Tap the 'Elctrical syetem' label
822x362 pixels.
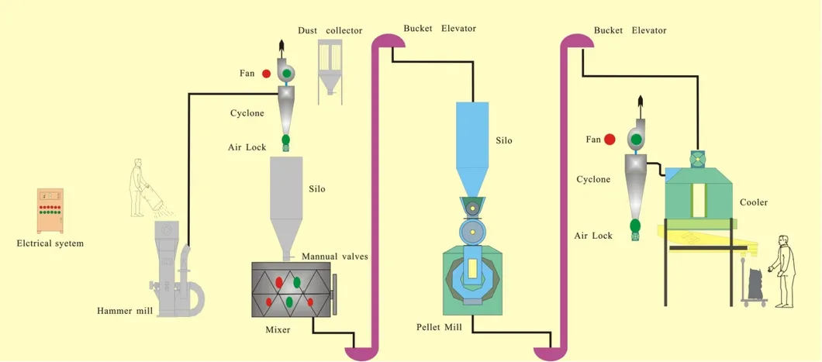tap(50, 243)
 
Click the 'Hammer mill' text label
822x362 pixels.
tap(124, 311)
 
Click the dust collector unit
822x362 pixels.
tap(330, 68)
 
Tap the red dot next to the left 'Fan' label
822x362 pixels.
tap(266, 74)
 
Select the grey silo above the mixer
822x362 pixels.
tap(286, 202)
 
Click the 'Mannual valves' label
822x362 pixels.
tap(334, 257)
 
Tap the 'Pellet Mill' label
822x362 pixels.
tap(439, 327)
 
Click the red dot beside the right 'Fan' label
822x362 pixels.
tap(610, 140)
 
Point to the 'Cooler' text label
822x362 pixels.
tap(753, 202)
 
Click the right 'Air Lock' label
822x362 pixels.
tap(593, 236)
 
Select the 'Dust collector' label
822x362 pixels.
tap(330, 30)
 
